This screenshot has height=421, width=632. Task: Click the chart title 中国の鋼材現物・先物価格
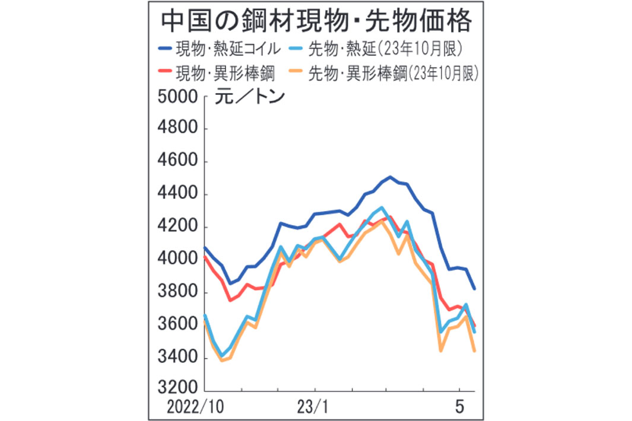coord(317,22)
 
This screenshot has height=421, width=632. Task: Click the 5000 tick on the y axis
coord(178,97)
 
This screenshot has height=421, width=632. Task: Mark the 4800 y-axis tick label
coord(178,129)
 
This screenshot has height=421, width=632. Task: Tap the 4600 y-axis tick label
coord(178,162)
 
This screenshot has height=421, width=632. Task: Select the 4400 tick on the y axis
coord(178,194)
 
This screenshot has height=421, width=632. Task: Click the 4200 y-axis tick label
coord(178,227)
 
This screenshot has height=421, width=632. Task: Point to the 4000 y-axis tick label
coord(178,260)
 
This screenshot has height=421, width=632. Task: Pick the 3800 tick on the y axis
coord(178,292)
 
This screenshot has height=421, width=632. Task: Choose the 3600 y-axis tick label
coord(178,325)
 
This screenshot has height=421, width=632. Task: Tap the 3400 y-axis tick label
coord(178,358)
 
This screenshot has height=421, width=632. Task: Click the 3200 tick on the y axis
coord(178,389)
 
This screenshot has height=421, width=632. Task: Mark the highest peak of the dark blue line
coord(390,177)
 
